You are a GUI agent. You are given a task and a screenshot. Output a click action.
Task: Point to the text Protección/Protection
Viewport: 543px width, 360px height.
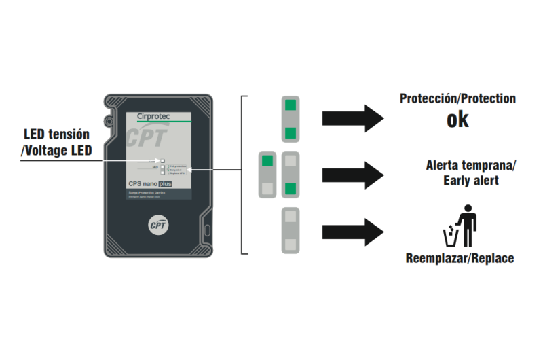[x=457, y=98]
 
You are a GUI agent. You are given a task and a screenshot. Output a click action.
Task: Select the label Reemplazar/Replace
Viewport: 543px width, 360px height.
[x=460, y=258]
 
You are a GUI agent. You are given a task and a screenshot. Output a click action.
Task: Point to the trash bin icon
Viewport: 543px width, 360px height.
[x=450, y=236]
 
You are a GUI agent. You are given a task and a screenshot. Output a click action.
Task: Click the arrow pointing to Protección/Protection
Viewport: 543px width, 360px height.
[x=352, y=118]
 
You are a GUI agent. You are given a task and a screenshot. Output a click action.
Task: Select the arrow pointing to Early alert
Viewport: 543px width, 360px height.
[x=352, y=175]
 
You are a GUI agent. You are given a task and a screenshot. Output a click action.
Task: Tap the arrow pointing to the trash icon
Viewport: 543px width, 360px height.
[x=352, y=232]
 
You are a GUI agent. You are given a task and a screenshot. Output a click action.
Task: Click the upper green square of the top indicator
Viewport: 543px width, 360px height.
[x=290, y=105]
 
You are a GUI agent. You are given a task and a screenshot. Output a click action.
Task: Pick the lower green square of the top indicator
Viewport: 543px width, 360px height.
[x=290, y=132]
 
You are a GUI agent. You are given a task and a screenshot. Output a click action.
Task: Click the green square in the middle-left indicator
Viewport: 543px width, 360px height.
[x=267, y=161]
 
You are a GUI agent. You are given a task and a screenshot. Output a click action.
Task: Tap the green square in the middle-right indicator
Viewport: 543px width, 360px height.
[x=290, y=188]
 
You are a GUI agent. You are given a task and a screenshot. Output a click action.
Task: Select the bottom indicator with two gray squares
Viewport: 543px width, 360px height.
[x=290, y=231]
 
